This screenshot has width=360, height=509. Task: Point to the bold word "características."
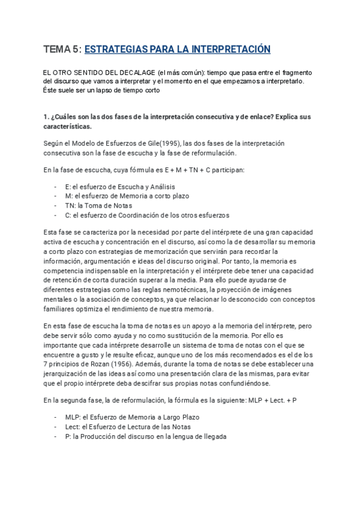[x=68, y=127]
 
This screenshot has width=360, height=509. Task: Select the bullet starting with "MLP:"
[x=132, y=417]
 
